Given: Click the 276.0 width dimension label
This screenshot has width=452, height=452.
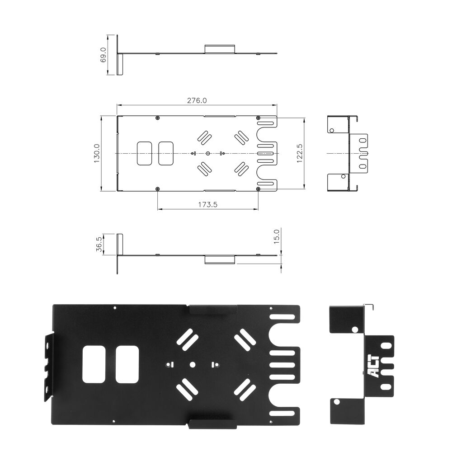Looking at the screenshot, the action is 197,101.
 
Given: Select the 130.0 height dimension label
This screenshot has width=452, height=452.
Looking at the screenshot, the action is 97,153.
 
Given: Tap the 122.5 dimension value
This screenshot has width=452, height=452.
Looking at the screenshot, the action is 300,153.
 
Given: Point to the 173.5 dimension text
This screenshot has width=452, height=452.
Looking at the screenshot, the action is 207,205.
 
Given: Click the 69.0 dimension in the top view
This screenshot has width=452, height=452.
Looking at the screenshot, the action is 103,55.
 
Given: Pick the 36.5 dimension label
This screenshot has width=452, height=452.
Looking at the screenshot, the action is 99,244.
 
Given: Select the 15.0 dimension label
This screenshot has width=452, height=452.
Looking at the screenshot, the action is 277,236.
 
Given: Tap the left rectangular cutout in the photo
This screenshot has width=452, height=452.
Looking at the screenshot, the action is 94,364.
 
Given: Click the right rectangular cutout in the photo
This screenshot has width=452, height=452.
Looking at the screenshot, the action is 127,364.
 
